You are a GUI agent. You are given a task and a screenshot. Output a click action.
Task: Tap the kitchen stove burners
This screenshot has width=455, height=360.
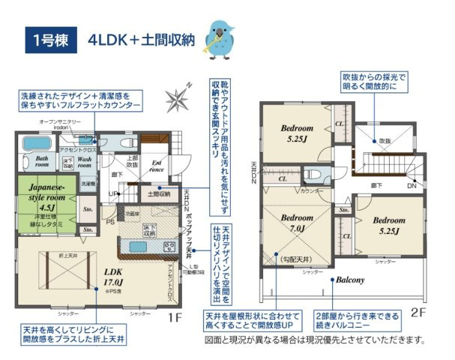pyautogui.click(x=170, y=247)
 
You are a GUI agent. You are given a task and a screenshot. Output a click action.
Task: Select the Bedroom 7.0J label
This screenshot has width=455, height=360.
pyautogui.click(x=293, y=223)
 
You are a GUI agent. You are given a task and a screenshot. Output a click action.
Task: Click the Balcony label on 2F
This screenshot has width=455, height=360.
pyautogui.click(x=349, y=280)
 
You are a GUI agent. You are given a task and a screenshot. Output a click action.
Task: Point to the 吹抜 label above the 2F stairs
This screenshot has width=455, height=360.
pyautogui.click(x=384, y=140)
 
